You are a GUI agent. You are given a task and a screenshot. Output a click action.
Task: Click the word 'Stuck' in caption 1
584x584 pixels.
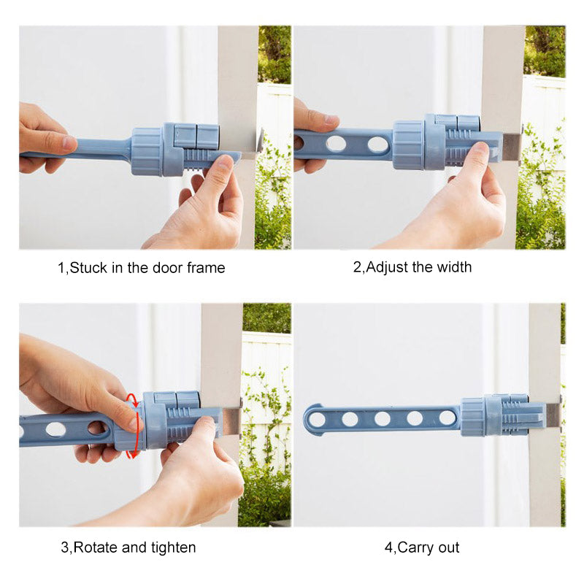pyautogui.click(x=87, y=268)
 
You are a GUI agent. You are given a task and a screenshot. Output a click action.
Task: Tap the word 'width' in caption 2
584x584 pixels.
pyautogui.click(x=453, y=267)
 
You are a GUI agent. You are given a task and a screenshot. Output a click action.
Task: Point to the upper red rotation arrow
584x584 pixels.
pyautogui.click(x=131, y=401)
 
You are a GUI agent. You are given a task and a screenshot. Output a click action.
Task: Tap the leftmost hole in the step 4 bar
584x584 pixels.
pyautogui.click(x=318, y=419)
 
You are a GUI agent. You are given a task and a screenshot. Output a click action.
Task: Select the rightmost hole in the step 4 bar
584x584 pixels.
pyautogui.click(x=446, y=418)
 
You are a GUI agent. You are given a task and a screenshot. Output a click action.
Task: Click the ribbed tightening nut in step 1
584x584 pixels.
pyautogui.click(x=146, y=151)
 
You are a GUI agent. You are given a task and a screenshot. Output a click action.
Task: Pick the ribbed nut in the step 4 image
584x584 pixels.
pyautogui.click(x=472, y=417)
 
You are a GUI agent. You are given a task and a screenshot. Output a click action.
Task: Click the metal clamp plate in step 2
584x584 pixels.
pyautogui.click(x=511, y=146)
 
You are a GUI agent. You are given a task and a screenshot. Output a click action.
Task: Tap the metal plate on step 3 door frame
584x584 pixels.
pyautogui.click(x=232, y=422)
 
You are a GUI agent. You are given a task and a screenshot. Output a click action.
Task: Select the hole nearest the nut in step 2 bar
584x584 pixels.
pyautogui.click(x=377, y=145)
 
